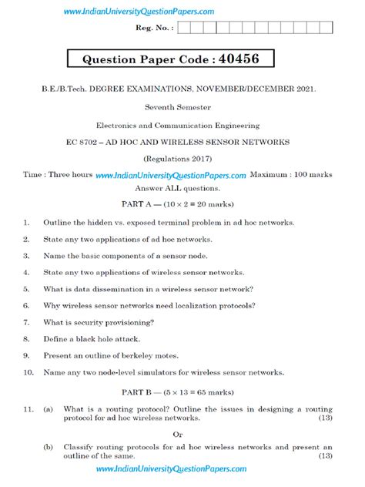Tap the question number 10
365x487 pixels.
pos(28,372)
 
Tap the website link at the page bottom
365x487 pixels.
pos(172,469)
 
